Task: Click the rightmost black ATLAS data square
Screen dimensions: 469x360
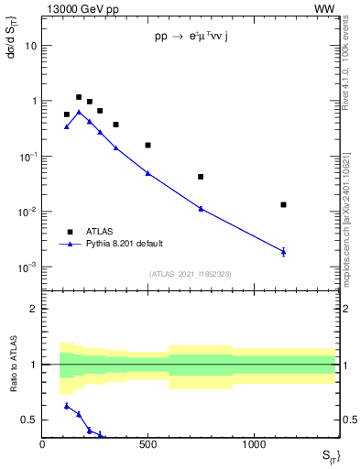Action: (x=284, y=204)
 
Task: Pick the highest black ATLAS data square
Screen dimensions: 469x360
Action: (x=79, y=97)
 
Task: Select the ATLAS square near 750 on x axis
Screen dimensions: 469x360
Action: (x=201, y=177)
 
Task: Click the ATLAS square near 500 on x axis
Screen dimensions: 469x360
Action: (x=147, y=145)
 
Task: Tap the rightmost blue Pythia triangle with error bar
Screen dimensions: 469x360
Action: (x=284, y=251)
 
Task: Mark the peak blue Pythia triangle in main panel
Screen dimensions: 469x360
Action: (x=79, y=112)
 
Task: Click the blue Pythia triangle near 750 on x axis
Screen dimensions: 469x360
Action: (x=201, y=209)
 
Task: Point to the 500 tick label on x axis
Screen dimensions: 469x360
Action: (x=148, y=444)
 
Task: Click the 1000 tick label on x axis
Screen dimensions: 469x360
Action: (x=254, y=444)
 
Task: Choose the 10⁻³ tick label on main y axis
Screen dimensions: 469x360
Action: (x=28, y=267)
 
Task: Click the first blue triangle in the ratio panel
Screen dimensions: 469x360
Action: (x=67, y=405)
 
